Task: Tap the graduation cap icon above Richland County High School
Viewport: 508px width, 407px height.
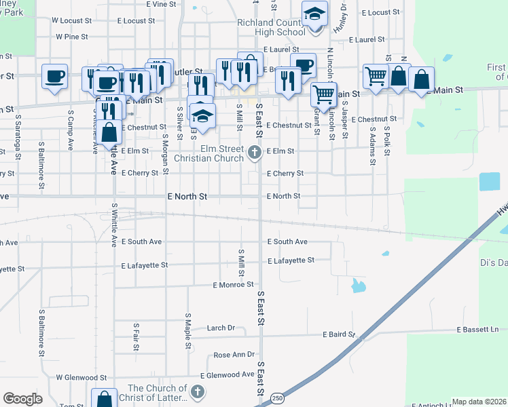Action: pyautogui.click(x=314, y=14)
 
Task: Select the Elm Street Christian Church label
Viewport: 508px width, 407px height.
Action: pyautogui.click(x=208, y=153)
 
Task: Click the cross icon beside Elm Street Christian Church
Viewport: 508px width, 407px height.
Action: pyautogui.click(x=255, y=152)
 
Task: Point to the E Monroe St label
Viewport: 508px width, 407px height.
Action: pyautogui.click(x=233, y=285)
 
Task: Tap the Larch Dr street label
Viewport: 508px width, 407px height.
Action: pyautogui.click(x=221, y=328)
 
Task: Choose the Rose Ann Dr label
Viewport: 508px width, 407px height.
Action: pyautogui.click(x=234, y=355)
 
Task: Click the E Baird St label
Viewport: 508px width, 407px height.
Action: pyautogui.click(x=339, y=334)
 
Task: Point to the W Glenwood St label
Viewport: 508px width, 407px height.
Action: pyautogui.click(x=81, y=377)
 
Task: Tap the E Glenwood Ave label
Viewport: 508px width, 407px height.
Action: pyautogui.click(x=227, y=375)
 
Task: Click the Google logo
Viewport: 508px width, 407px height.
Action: pyautogui.click(x=22, y=400)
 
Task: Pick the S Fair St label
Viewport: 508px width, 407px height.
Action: pyautogui.click(x=136, y=336)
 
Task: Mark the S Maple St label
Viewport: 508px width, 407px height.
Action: pyautogui.click(x=188, y=332)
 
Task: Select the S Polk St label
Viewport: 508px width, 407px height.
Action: pyautogui.click(x=386, y=140)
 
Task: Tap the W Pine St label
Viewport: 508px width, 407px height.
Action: pyautogui.click(x=72, y=37)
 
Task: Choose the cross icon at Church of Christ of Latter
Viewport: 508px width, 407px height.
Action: pyautogui.click(x=197, y=391)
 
